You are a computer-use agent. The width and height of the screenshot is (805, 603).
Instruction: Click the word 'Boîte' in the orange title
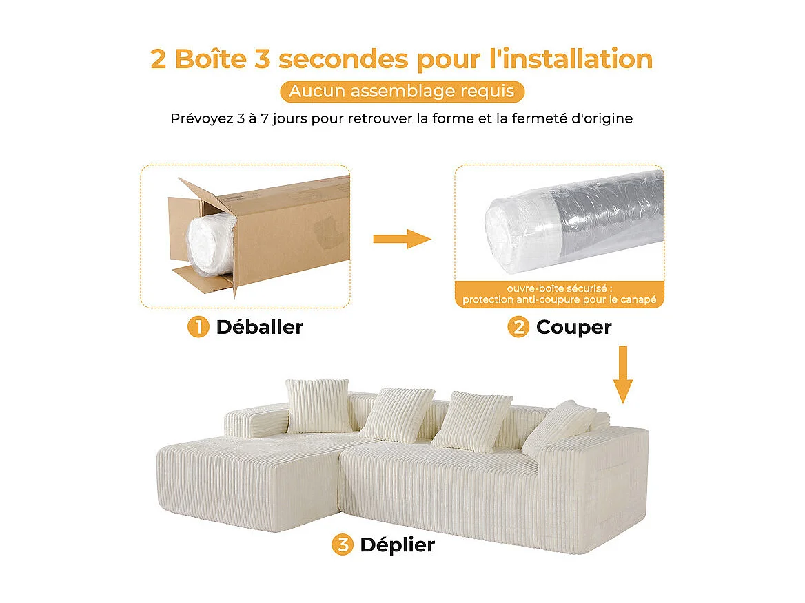pos(210,59)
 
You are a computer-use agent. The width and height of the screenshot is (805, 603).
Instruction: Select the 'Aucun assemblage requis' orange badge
pos(402,92)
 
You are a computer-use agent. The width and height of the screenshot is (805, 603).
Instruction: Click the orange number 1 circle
pos(198,327)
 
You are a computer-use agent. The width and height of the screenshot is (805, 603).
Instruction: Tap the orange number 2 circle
pos(518,327)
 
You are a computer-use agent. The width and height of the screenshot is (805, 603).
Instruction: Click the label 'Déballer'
pos(259,327)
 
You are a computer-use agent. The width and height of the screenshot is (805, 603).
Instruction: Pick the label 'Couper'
pos(573,327)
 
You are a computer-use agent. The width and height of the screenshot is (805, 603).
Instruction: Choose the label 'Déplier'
pos(397,545)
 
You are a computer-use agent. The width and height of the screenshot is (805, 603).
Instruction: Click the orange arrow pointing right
pos(401,240)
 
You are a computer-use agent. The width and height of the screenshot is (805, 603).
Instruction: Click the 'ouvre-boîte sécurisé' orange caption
pos(559,294)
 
